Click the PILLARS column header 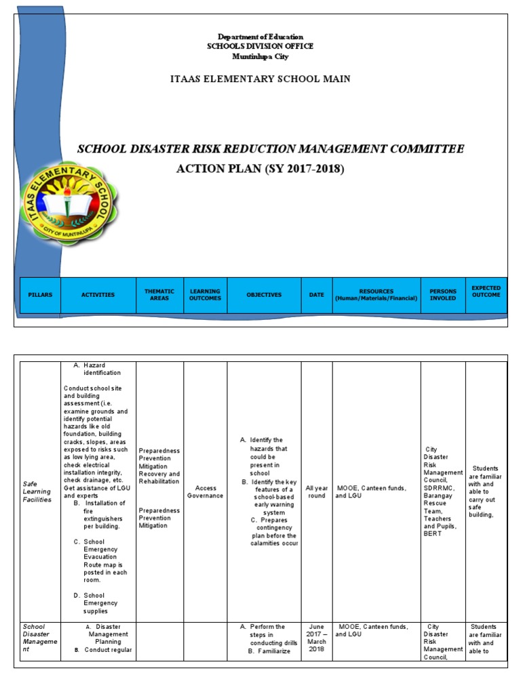pyautogui.click(x=40, y=295)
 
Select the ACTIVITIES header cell pyautogui.click(x=98, y=295)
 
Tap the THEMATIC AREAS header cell pyautogui.click(x=159, y=295)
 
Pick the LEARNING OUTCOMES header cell pyautogui.click(x=205, y=295)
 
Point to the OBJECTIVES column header pyautogui.click(x=264, y=295)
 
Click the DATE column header pyautogui.click(x=316, y=295)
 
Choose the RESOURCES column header pyautogui.click(x=376, y=295)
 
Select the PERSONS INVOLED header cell pyautogui.click(x=443, y=295)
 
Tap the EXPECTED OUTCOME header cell pyautogui.click(x=486, y=291)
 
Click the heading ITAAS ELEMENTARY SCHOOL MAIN pyautogui.click(x=260, y=79)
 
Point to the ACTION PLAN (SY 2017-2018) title pyautogui.click(x=260, y=169)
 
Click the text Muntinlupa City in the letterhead pyautogui.click(x=260, y=56)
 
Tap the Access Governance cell pyautogui.click(x=205, y=491)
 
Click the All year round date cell pyautogui.click(x=316, y=491)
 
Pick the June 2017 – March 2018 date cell pyautogui.click(x=316, y=638)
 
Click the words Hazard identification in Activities pyautogui.click(x=102, y=369)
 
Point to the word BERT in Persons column pyautogui.click(x=432, y=533)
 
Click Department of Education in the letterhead pyautogui.click(x=260, y=37)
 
